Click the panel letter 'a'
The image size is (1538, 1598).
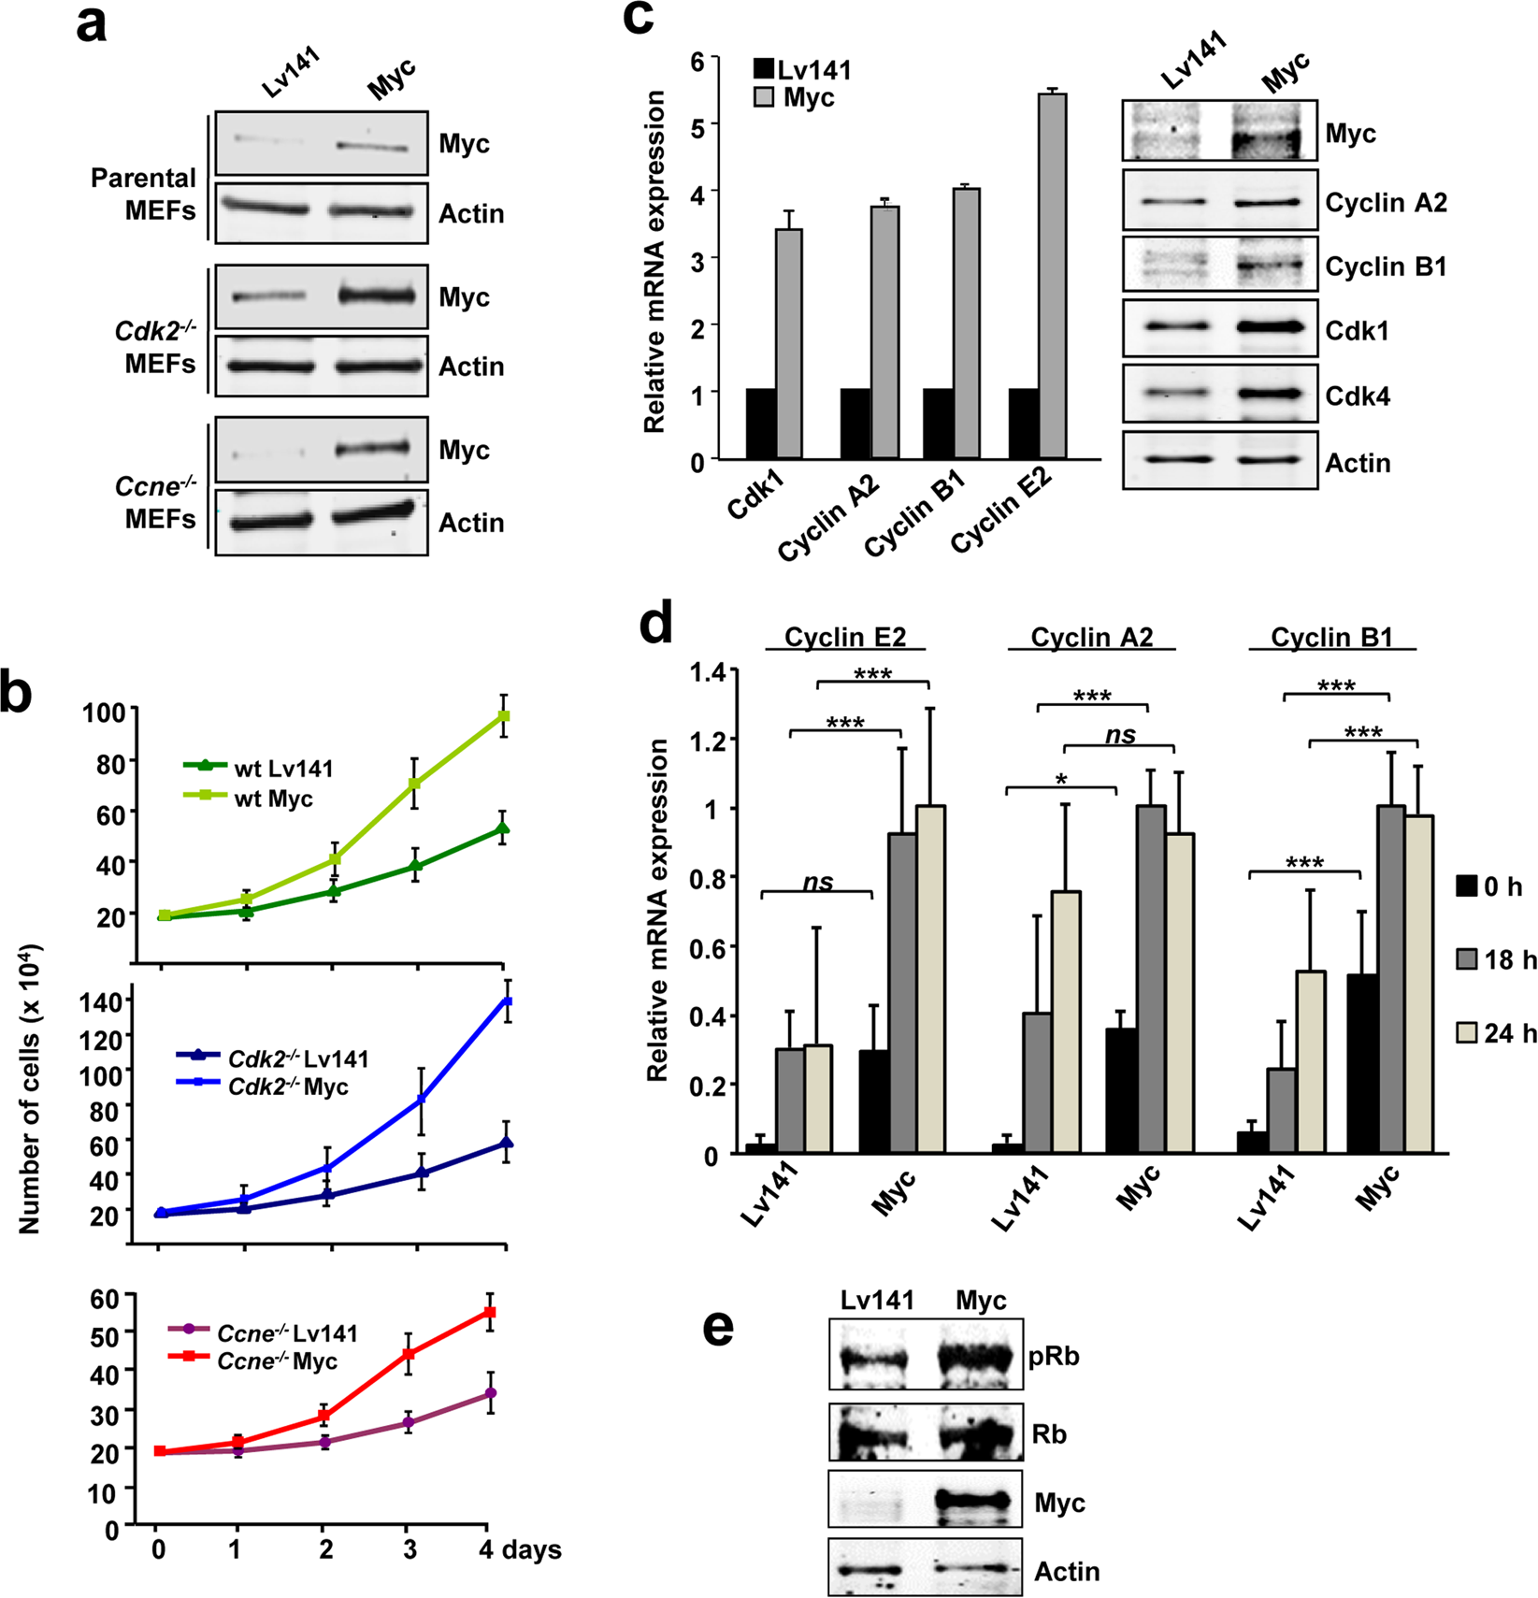[91, 25]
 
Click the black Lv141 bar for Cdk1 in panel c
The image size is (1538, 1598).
[760, 423]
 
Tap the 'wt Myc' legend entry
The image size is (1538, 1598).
[272, 799]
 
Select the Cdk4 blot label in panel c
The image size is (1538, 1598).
[1357, 396]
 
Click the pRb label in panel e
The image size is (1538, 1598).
[1055, 1356]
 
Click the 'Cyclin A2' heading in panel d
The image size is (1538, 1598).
[1091, 638]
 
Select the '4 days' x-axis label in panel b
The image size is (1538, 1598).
[520, 1549]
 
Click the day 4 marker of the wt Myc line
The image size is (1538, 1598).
[504, 716]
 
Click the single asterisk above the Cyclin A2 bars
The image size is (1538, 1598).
[1061, 779]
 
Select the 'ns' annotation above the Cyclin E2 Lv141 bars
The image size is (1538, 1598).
[818, 882]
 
